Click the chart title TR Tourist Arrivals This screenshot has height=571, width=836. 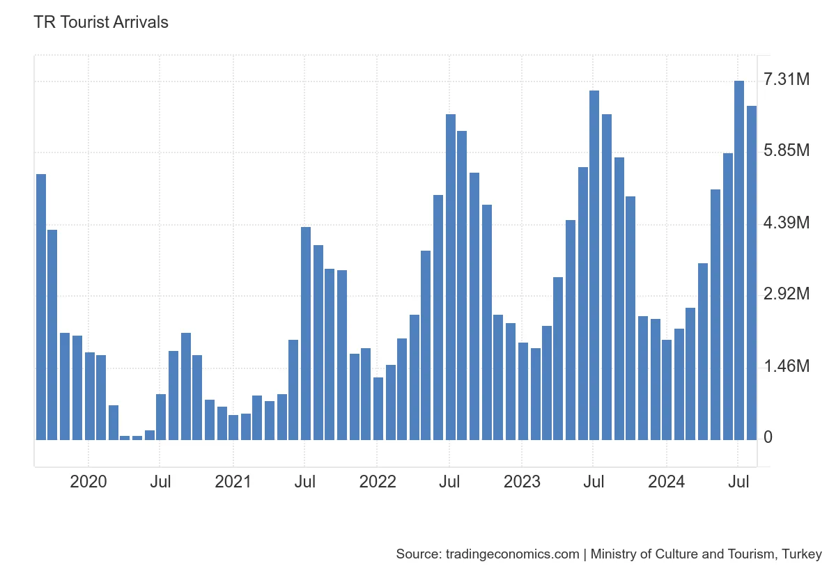pos(101,22)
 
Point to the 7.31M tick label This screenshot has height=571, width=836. pos(787,80)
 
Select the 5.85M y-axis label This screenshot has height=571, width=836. pos(787,151)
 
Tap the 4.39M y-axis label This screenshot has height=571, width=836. pos(787,223)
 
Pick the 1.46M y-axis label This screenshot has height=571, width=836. pos(787,366)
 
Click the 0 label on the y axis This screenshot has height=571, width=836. pos(768,437)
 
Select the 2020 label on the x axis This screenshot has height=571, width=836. pos(88,482)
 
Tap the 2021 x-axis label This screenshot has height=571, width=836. pos(233,482)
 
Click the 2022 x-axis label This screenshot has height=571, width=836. pos(377,482)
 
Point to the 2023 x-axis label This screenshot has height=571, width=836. pos(522,482)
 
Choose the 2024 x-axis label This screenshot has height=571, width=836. pos(666,482)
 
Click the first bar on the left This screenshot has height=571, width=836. pos(41,307)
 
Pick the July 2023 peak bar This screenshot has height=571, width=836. pos(594,265)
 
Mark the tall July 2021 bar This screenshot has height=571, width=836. pos(306,334)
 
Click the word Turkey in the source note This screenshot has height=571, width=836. pos(802,554)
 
